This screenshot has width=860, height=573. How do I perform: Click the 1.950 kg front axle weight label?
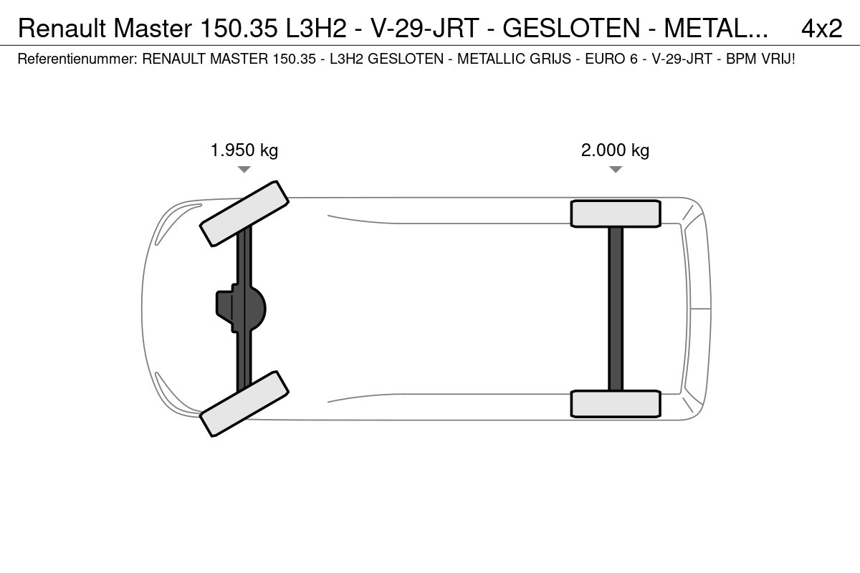pos(244,150)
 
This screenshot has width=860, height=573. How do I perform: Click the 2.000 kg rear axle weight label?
pos(615,150)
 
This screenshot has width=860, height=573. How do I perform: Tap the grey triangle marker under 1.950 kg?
pos(244,169)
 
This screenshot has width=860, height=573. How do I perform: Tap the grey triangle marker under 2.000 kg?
pos(616,169)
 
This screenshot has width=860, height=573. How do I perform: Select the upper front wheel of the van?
pos(244,213)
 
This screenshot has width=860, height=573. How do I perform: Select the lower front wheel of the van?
pos(244,404)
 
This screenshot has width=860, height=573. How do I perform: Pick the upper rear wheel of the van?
pos(616,213)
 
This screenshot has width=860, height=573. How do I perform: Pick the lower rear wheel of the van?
pos(616,404)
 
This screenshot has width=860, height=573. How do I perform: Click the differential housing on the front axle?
pos(241,309)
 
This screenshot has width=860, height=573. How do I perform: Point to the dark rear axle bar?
pos(616,309)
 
